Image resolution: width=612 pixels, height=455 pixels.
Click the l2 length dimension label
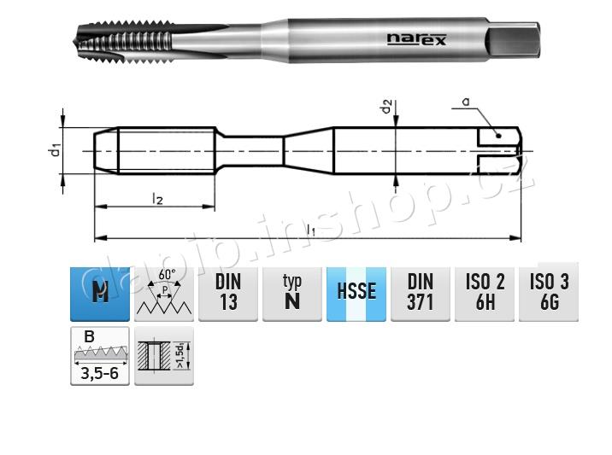point(157,198)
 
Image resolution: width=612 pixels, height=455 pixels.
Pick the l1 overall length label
point(311,229)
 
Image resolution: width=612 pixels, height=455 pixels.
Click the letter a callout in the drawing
point(466,102)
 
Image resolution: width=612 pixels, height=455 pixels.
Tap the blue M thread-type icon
point(100,292)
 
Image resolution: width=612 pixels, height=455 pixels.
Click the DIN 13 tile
point(228,292)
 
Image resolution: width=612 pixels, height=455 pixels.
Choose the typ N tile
point(292,292)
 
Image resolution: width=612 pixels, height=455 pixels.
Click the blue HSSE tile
point(356,292)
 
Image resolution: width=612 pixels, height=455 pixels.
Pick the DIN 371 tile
point(421,292)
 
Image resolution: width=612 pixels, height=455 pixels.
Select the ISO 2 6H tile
point(485,292)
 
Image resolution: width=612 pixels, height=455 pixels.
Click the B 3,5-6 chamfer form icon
point(100,356)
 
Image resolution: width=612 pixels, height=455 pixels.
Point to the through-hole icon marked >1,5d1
point(164,356)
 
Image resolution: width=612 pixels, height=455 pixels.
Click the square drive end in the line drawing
point(498,151)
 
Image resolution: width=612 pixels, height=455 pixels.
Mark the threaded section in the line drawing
point(167,151)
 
